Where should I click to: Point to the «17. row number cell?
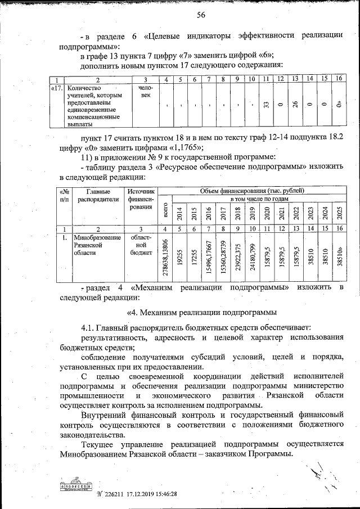click(56, 88)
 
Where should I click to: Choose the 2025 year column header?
click(339, 214)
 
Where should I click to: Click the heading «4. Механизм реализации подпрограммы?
click(200, 312)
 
